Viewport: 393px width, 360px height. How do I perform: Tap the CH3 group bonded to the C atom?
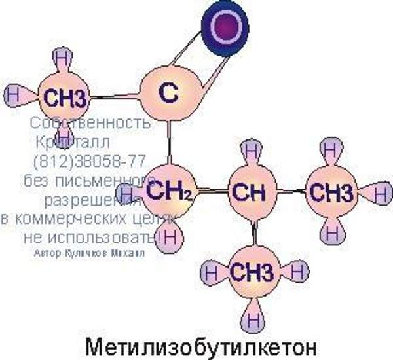click(63, 99)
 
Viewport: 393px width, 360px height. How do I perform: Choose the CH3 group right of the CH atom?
click(331, 193)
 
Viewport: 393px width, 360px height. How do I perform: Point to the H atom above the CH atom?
click(252, 149)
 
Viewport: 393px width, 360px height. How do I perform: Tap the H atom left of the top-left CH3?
click(12, 94)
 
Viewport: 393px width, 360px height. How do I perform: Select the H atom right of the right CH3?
click(381, 194)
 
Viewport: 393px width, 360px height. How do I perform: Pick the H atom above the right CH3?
click(331, 150)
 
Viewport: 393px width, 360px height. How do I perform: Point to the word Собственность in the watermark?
click(90, 123)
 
